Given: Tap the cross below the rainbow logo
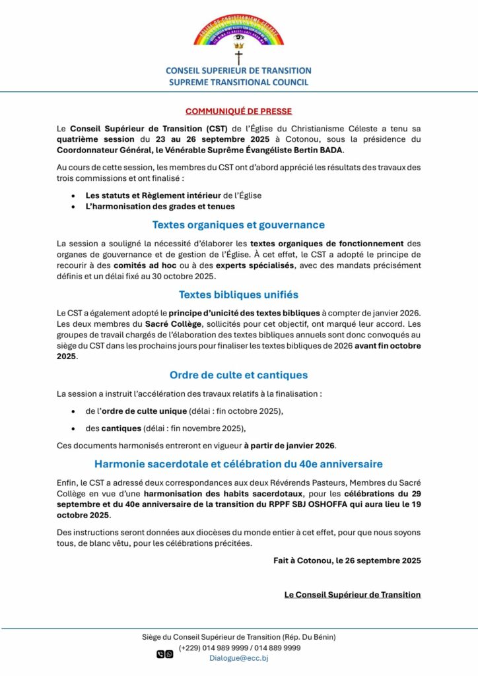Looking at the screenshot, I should tap(238, 57).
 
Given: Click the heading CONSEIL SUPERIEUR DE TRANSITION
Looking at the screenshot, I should tap(238, 71).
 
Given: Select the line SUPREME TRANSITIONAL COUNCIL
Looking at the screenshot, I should tap(238, 83).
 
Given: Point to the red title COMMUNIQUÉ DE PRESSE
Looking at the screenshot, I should tap(238, 111).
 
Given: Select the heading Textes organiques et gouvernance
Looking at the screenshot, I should tap(238, 224).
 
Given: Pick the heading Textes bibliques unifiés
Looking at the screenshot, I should tap(238, 294).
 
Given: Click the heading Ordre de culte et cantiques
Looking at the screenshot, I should tap(238, 375).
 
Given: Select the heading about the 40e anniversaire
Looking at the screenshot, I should tap(238, 464).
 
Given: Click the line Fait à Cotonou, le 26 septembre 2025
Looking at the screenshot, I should tap(347, 560).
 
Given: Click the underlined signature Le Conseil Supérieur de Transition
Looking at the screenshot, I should tap(352, 594).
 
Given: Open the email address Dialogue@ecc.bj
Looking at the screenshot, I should tap(239, 658).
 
